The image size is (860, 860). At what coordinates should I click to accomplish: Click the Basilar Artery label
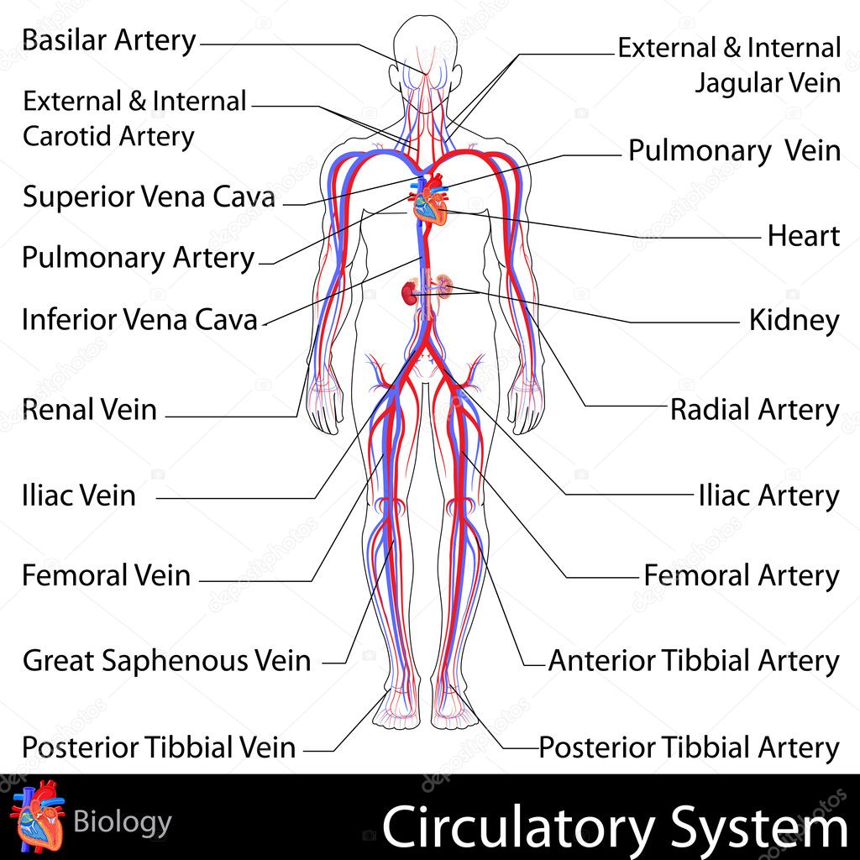pyautogui.click(x=108, y=41)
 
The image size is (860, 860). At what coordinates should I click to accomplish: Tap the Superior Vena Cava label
pyautogui.click(x=149, y=197)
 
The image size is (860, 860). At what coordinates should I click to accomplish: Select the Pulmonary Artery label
pyautogui.click(x=139, y=259)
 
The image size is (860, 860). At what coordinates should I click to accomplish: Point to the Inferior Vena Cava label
pyautogui.click(x=140, y=319)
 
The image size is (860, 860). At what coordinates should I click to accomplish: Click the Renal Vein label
pyautogui.click(x=89, y=410)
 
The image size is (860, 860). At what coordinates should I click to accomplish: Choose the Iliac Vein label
pyautogui.click(x=79, y=496)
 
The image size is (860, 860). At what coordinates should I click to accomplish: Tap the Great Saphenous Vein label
pyautogui.click(x=167, y=660)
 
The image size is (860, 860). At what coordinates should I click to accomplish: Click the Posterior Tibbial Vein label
pyautogui.click(x=159, y=747)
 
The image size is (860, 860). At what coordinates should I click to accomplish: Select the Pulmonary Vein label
pyautogui.click(x=734, y=151)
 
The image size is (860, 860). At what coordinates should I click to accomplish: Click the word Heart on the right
pyautogui.click(x=804, y=236)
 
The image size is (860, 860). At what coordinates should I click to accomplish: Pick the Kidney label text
pyautogui.click(x=794, y=321)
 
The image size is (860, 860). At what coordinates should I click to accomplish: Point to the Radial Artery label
pyautogui.click(x=755, y=410)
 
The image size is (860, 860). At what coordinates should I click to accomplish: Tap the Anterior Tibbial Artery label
pyautogui.click(x=694, y=660)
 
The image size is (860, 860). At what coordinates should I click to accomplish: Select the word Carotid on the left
pyautogui.click(x=67, y=136)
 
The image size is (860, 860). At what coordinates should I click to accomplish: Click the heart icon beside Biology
pyautogui.click(x=37, y=815)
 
